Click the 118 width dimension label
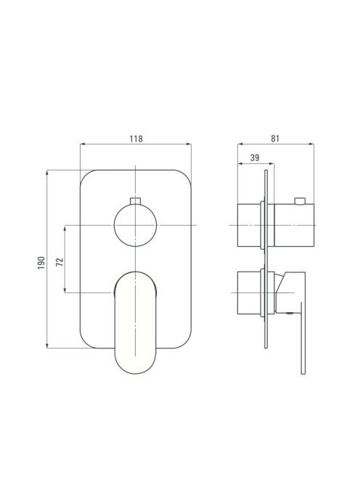136,139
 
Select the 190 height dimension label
41,263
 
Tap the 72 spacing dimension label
60,261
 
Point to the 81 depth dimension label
275,139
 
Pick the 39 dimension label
255,158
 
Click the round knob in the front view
135,225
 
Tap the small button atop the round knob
135,201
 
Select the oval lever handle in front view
135,323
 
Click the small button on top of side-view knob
300,201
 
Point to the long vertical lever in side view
303,338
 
